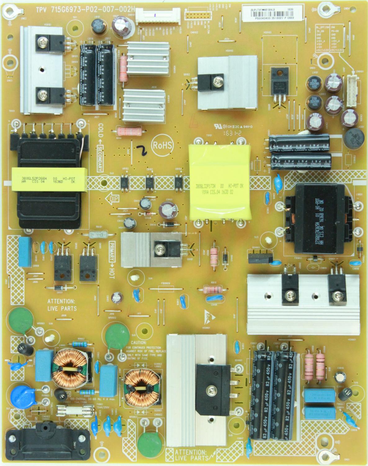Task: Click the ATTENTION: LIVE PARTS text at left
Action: (61, 304)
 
